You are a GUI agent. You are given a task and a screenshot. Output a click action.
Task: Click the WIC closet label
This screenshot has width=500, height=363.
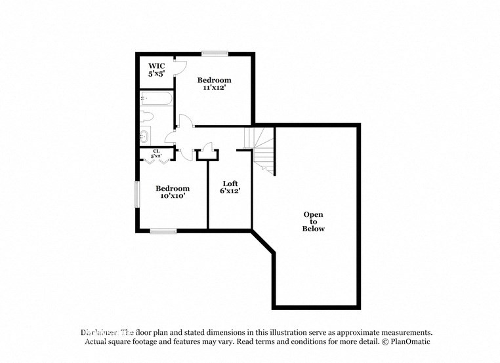tap(156, 70)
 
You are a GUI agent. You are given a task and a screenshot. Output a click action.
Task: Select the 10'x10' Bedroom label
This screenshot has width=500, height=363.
tap(173, 192)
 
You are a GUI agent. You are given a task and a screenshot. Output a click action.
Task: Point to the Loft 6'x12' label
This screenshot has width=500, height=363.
tap(230, 187)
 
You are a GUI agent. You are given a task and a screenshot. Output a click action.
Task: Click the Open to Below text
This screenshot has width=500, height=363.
tap(313, 221)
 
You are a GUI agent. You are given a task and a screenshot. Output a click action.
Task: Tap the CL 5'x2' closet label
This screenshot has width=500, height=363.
tap(156, 154)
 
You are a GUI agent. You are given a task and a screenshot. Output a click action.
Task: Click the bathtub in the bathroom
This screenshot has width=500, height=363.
tap(156, 100)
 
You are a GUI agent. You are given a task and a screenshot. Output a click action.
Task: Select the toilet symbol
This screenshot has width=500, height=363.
tap(147, 117)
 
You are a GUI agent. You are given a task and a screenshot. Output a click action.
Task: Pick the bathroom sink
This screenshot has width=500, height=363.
tap(144, 136)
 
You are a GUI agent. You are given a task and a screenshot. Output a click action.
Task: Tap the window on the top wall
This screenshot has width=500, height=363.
tap(215, 54)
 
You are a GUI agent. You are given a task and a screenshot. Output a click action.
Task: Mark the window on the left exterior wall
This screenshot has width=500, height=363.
tap(137, 194)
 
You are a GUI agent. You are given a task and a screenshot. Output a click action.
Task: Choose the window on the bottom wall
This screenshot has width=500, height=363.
tap(163, 231)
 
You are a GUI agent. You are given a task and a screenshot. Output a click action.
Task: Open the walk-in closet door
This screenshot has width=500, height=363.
tap(181, 67)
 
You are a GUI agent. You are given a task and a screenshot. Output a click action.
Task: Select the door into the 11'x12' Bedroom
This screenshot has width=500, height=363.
tap(186, 122)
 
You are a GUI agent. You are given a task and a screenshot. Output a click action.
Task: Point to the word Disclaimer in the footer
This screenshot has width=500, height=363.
tap(99, 332)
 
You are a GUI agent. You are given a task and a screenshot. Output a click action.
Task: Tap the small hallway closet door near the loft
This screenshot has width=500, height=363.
tap(208, 149)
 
